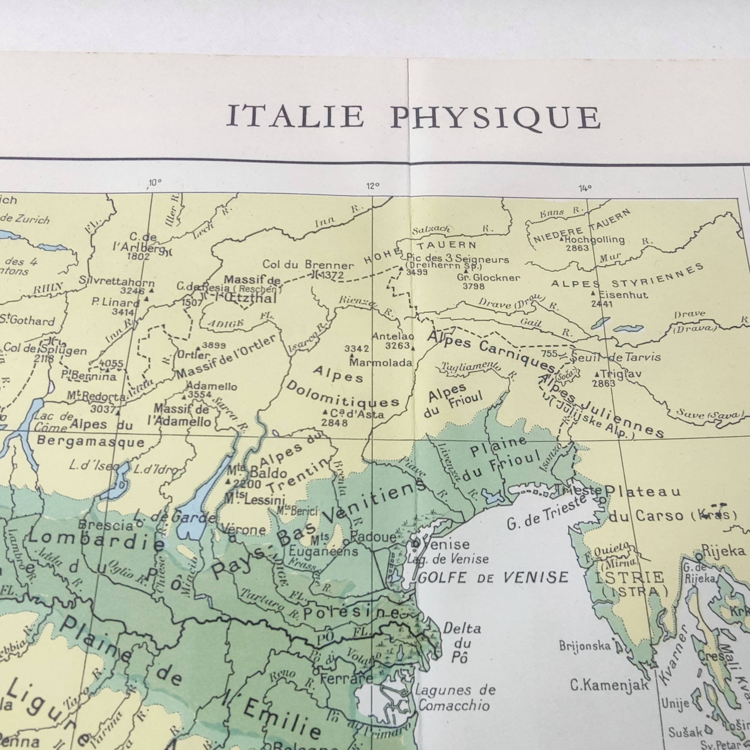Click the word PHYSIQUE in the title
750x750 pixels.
tap(496, 117)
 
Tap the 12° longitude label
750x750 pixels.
tap(373, 186)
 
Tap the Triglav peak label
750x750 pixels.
tap(620, 374)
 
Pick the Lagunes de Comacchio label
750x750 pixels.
tap(455, 697)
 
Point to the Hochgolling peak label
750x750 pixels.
tap(594, 240)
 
